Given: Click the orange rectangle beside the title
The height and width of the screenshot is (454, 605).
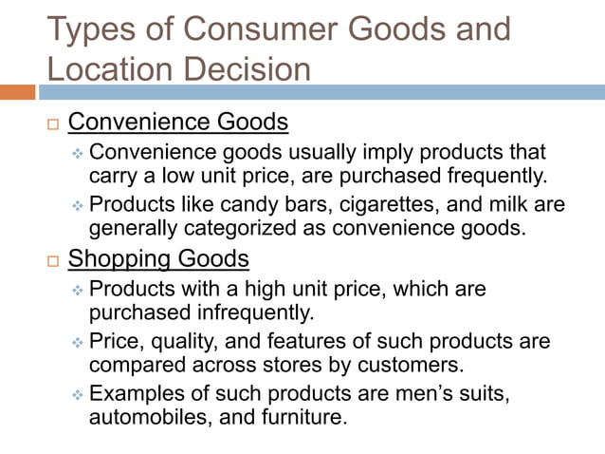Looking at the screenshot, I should pos(18,92).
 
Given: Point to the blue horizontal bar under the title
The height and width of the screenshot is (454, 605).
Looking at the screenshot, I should pos(322,92).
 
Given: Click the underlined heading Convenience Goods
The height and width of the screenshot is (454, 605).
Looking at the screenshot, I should pos(178,123).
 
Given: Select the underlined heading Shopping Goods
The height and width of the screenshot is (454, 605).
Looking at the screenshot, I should pos(159,257).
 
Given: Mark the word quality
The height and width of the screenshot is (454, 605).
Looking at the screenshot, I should pos(180,340).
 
